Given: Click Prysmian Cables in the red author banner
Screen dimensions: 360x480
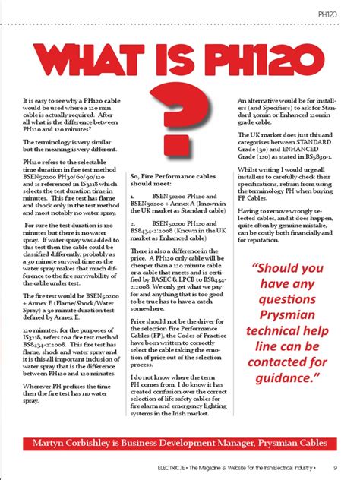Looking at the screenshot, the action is (x=296, y=442).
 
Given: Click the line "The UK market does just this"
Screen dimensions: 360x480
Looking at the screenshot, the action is (x=283, y=133).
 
